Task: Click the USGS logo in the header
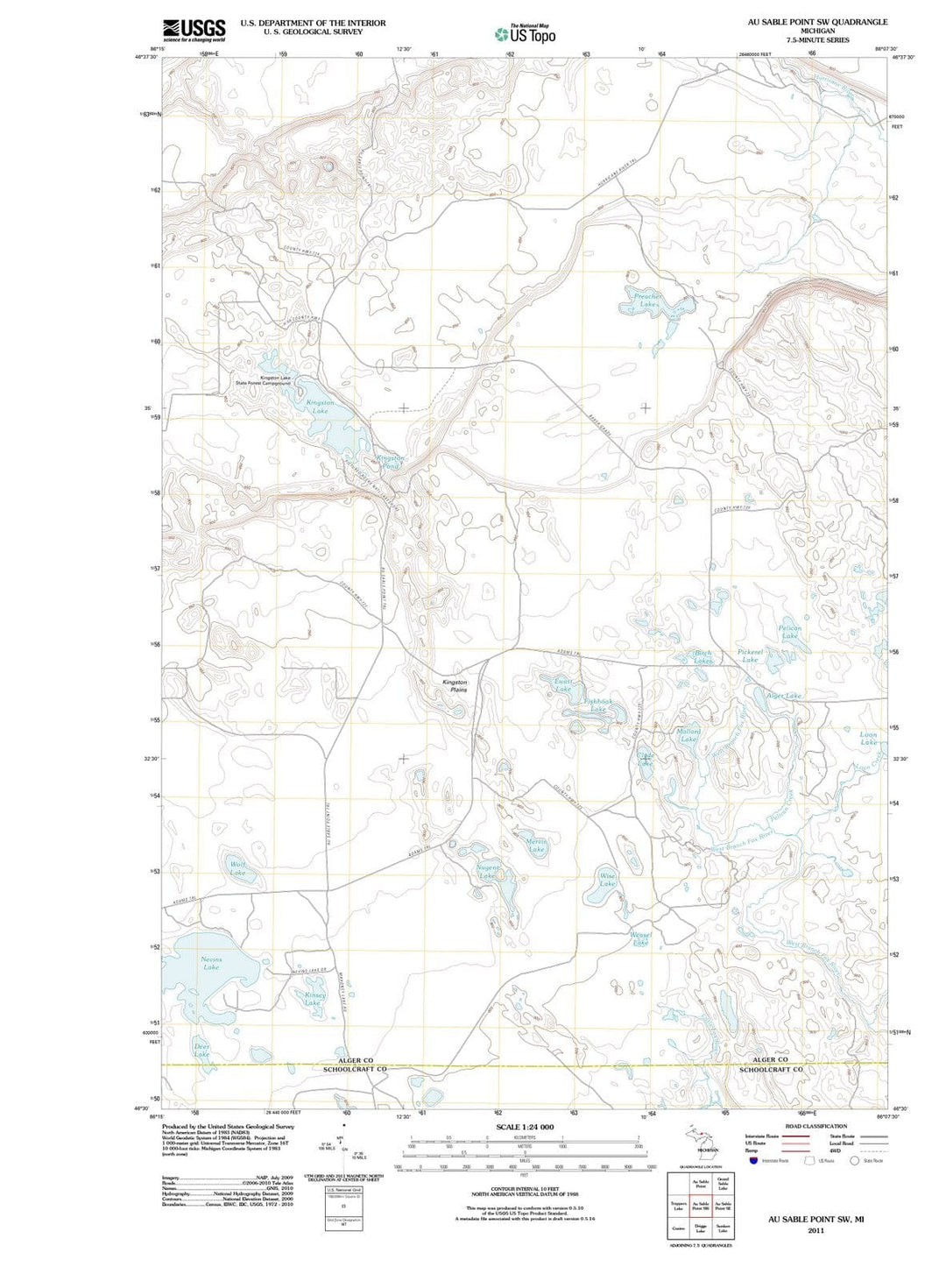click(194, 31)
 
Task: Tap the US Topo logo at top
click(524, 34)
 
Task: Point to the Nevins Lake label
click(211, 963)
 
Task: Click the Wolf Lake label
click(237, 868)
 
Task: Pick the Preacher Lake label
click(647, 300)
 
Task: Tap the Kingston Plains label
click(455, 685)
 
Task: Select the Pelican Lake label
click(790, 632)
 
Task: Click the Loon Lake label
click(868, 739)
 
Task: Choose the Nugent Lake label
click(488, 871)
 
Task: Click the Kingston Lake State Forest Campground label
click(263, 380)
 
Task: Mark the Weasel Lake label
click(640, 938)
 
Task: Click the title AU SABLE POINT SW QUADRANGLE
click(816, 22)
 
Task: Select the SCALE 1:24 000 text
click(525, 1126)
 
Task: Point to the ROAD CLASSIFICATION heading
click(815, 1126)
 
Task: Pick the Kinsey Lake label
click(314, 999)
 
